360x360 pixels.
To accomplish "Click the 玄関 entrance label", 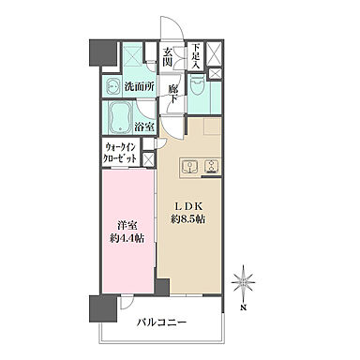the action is pos(167,56).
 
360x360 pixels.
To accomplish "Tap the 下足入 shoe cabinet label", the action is pos(196,56).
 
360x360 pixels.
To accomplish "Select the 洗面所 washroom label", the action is pos(140,86).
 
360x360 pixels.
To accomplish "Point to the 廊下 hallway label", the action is pos(173,94).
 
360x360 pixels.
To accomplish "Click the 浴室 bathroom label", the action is pos(144,127).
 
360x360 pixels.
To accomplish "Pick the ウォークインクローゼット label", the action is pos(120,153).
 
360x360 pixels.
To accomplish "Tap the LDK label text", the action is pos(188,206).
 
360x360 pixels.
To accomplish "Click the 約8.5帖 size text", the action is pos(187,219).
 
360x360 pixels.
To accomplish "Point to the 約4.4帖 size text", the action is pos(127,239).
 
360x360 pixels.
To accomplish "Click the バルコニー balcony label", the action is pos(162,322).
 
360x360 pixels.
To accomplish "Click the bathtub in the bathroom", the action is pos(120,118).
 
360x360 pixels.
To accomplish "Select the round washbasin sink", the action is pos(112,86).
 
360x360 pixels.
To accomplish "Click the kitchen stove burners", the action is pos(212,166).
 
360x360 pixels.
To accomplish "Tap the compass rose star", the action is pos(243,281).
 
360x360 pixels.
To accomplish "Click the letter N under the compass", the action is pos(243,307).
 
